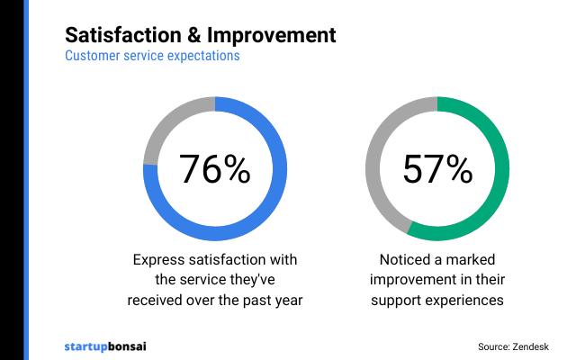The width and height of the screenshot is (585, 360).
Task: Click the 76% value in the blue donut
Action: [214, 169]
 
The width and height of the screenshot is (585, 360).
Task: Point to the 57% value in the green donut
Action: [437, 169]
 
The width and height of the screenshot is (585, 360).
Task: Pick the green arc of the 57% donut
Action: [500, 180]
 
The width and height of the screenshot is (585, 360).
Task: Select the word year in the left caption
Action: [287, 300]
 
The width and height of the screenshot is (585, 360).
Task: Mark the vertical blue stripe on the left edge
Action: [26, 180]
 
